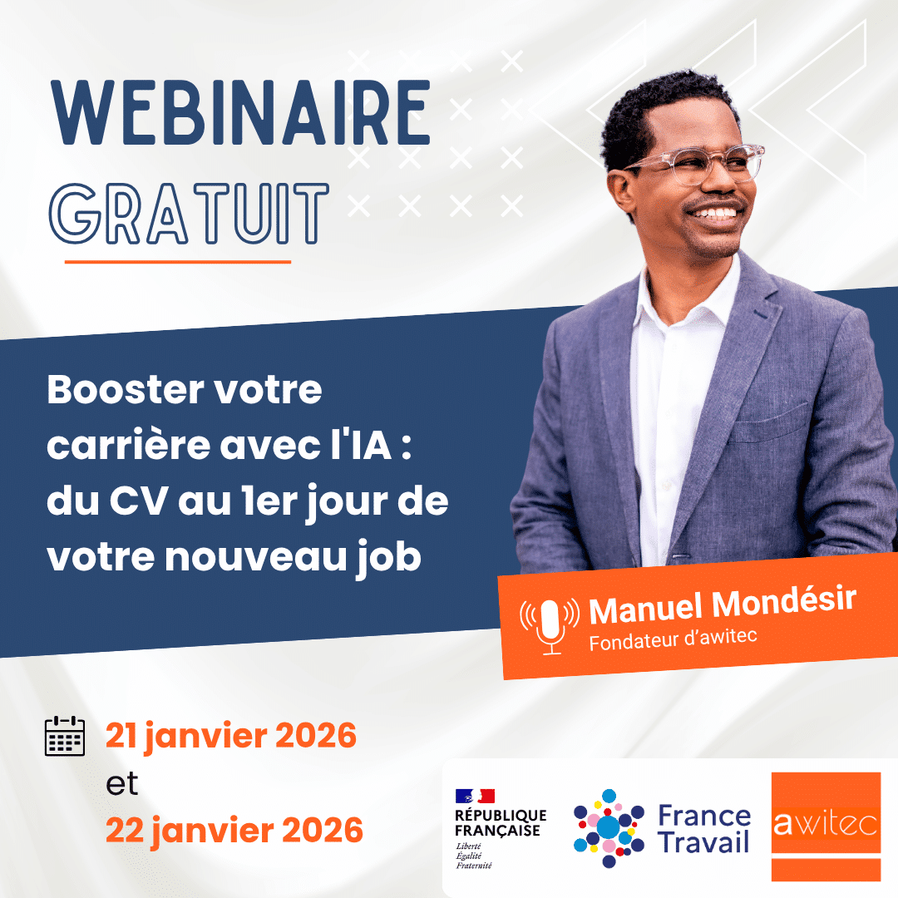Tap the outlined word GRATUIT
pyautogui.click(x=190, y=214)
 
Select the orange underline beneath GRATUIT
pyautogui.click(x=178, y=261)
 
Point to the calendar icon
pyautogui.click(x=64, y=735)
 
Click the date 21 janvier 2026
pyautogui.click(x=230, y=736)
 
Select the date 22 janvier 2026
pyautogui.click(x=234, y=830)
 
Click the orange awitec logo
pyautogui.click(x=825, y=826)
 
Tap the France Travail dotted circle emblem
pyautogui.click(x=609, y=827)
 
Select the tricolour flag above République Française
pyautogui.click(x=475, y=796)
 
